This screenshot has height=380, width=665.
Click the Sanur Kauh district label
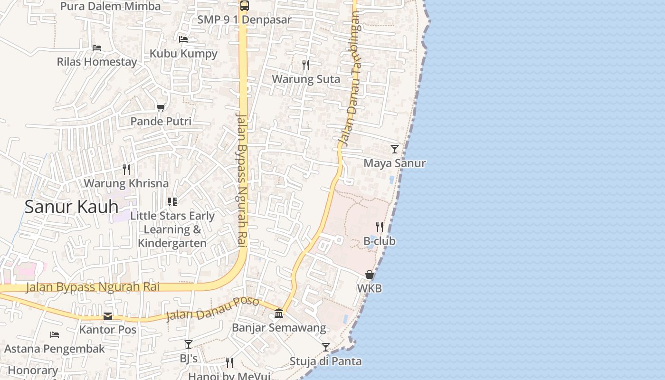(71, 207)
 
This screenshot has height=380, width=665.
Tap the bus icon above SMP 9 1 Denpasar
(244, 6)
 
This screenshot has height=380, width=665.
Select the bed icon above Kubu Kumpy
(183, 39)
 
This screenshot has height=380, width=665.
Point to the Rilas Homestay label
(97, 62)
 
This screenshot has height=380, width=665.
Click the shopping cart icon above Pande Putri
(161, 108)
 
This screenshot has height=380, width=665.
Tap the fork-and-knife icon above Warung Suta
(306, 65)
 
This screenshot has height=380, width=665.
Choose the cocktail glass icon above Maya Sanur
(394, 149)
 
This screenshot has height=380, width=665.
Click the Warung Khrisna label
(126, 183)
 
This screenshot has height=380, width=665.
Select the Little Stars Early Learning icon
(172, 202)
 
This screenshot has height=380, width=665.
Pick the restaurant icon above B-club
(379, 227)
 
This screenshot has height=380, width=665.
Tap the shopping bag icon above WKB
(369, 275)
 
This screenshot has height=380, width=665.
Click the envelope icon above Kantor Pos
(108, 316)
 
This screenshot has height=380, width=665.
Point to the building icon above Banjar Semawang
(279, 313)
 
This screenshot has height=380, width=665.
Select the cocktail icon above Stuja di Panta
(325, 347)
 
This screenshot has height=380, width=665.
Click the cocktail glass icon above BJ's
(189, 344)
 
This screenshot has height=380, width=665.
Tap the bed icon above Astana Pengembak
(55, 335)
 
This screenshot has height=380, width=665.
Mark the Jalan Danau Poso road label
(212, 309)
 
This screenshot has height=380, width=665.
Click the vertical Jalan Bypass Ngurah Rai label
(242, 180)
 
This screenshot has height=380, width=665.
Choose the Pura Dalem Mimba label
(111, 7)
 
